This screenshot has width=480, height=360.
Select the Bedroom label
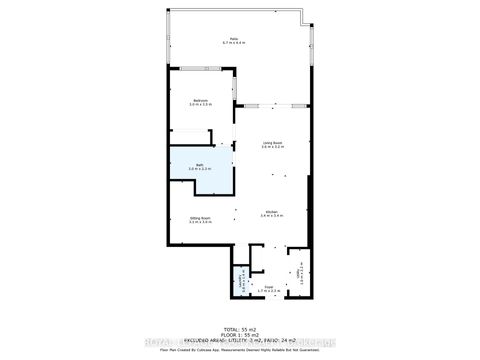(201, 100)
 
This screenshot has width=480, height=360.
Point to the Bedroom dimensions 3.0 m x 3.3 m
(201, 105)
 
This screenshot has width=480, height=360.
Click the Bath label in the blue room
(200, 164)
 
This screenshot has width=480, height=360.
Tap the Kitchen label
(270, 211)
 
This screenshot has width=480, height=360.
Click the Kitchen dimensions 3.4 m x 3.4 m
(270, 216)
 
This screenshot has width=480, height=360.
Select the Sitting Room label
(200, 217)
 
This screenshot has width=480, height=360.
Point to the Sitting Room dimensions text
(200, 222)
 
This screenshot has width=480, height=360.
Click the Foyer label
(268, 287)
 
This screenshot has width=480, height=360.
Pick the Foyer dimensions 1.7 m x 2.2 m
(268, 292)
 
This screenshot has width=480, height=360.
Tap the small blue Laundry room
(240, 280)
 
